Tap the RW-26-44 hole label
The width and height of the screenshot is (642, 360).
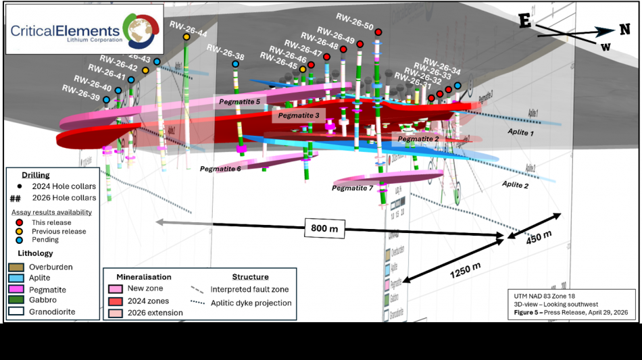point(189,28)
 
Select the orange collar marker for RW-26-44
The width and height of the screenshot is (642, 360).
point(187,37)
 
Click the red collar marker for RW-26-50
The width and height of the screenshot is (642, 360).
point(378,32)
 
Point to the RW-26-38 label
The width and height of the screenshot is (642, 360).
point(225,52)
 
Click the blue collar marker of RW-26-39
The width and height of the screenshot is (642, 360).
point(106,99)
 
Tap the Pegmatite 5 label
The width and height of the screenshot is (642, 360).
point(239,101)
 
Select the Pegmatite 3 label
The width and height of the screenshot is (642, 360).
point(299,115)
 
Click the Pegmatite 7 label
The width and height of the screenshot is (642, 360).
point(352,188)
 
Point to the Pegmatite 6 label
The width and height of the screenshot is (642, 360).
point(220,168)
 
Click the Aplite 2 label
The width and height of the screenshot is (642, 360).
point(515,184)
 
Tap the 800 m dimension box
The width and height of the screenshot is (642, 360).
point(324,228)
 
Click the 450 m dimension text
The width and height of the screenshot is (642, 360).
point(539,238)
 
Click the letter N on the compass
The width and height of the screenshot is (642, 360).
point(624,30)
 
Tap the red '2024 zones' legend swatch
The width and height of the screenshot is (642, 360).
point(116,301)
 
